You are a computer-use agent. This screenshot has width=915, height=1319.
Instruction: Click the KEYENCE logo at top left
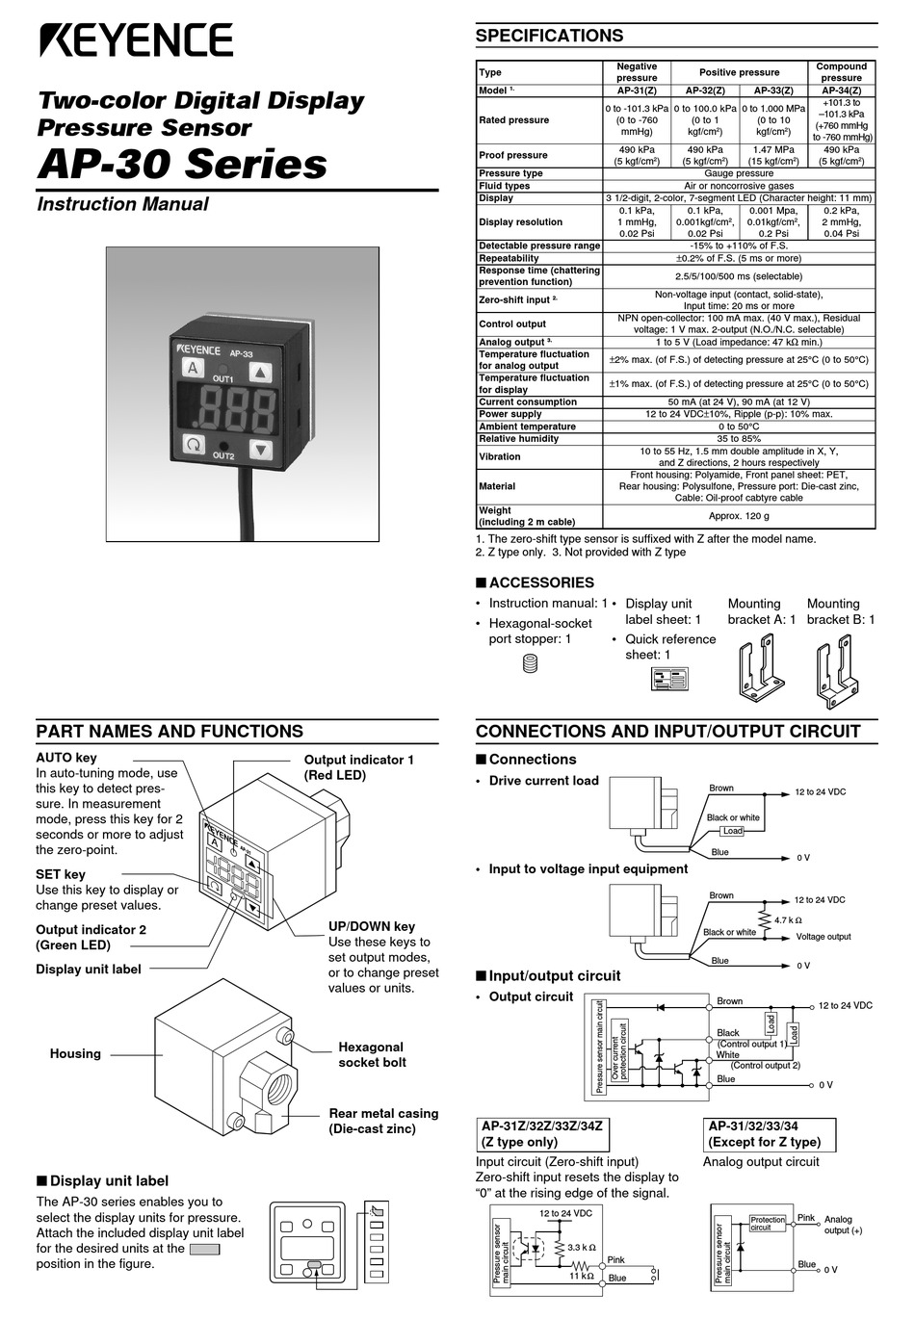click(136, 40)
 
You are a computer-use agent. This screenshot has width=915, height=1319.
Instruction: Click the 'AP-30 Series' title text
click(182, 164)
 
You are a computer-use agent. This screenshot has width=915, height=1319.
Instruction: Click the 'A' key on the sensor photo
click(193, 369)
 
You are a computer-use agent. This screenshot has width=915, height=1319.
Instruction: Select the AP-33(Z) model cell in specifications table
click(772, 91)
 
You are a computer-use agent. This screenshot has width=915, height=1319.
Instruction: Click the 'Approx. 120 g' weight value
click(739, 516)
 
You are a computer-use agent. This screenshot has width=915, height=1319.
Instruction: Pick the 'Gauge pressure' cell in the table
click(739, 173)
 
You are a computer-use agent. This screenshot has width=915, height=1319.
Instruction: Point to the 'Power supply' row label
click(510, 414)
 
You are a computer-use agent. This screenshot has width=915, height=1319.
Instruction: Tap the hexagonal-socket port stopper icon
click(528, 663)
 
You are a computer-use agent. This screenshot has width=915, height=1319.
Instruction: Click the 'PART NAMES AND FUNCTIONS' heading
click(170, 732)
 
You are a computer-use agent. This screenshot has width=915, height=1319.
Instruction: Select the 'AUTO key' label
click(66, 758)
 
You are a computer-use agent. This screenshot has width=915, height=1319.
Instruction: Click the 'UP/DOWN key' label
click(372, 926)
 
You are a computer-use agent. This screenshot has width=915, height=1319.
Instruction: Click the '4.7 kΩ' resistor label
click(788, 920)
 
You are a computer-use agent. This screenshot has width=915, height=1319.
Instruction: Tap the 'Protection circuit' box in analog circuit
click(768, 1224)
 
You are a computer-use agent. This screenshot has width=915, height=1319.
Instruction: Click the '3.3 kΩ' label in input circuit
click(582, 1247)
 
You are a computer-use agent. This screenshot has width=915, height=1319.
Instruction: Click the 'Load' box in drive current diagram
click(733, 831)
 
